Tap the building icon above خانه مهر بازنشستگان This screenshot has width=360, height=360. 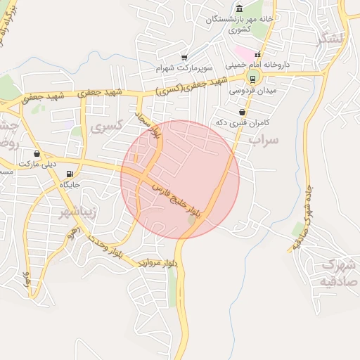[x=240, y=8]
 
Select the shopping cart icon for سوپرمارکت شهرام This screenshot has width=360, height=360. [x=184, y=58]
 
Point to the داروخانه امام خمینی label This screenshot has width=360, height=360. [x=257, y=64]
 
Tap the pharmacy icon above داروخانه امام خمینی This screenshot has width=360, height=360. [x=258, y=54]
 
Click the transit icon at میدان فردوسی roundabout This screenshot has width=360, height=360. [x=253, y=79]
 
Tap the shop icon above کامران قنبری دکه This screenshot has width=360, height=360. [x=243, y=112]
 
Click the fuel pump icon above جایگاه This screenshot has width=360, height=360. [x=69, y=174]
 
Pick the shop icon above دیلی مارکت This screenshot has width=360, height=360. [x=36, y=154]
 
